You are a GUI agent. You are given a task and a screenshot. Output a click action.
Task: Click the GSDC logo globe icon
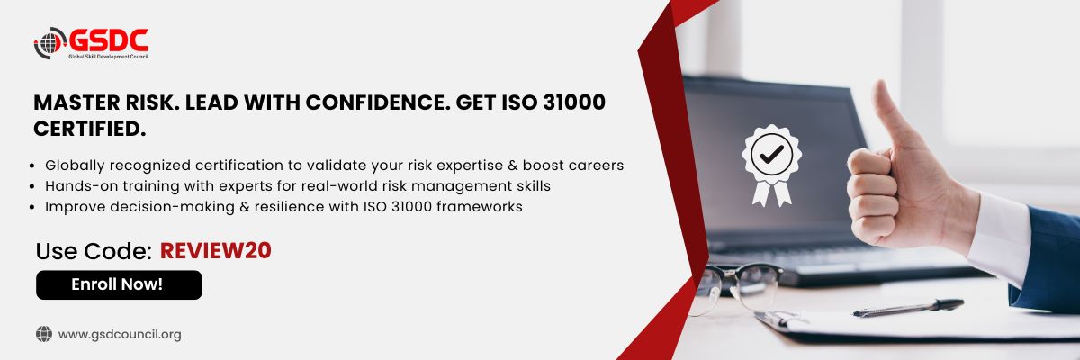point(49,43)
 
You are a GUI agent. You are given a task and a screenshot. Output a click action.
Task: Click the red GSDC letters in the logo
point(109,40)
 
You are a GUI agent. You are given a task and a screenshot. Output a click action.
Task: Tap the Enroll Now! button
point(119,284)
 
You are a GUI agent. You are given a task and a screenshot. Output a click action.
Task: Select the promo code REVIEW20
point(215,250)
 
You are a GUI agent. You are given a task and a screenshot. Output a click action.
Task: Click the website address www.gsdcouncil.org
point(120,334)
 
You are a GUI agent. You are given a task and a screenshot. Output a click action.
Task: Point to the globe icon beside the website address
point(44,334)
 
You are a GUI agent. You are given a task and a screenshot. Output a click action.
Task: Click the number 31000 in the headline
point(574,103)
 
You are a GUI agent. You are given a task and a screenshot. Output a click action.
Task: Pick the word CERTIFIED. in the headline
point(90,130)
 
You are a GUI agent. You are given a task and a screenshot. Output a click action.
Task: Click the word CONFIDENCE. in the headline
point(378,103)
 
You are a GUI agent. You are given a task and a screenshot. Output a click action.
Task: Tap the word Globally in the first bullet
point(75,166)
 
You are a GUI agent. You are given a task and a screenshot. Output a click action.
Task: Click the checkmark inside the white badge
point(772,154)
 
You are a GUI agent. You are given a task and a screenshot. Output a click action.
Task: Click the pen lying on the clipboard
point(908,308)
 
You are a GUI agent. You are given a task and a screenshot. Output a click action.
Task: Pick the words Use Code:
point(94,251)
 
